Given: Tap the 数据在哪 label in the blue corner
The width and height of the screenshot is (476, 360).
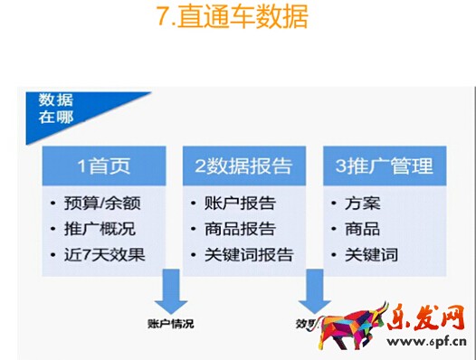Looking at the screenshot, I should [56, 108].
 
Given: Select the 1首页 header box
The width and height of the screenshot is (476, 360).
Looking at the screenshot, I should [103, 166].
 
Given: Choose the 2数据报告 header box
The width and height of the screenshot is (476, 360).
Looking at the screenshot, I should [243, 166].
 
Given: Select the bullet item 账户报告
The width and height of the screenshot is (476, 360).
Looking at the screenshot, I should [233, 202].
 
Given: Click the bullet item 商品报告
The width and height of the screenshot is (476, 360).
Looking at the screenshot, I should [233, 228].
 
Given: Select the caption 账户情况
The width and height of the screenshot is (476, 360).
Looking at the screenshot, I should [170, 323].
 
